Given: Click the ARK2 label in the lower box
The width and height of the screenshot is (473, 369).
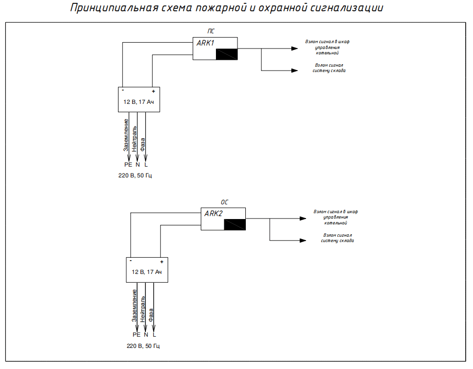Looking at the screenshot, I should [x=213, y=214].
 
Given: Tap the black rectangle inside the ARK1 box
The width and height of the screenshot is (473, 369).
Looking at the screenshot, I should [x=227, y=54].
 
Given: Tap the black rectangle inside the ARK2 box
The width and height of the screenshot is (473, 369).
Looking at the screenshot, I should [x=235, y=224].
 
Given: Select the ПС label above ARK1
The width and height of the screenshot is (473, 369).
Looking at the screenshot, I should [x=212, y=31].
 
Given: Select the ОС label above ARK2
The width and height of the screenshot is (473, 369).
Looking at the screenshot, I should [x=224, y=202].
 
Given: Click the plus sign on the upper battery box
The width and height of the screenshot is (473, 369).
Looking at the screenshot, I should [x=153, y=92].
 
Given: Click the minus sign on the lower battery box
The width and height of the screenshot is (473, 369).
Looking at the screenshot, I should [x=131, y=261].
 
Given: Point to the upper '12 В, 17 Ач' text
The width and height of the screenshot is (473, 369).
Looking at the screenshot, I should [x=139, y=102].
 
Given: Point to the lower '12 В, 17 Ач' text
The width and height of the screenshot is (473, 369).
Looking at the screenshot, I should [x=147, y=272].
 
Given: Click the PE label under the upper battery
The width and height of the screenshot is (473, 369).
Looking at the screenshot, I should [x=129, y=165].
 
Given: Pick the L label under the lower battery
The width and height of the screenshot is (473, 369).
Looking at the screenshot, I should [x=154, y=335].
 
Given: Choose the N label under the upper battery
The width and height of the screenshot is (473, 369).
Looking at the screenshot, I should [x=138, y=165].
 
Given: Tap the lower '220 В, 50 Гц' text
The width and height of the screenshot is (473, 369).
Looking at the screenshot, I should [x=143, y=346].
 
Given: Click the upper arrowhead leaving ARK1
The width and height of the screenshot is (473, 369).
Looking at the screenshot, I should [x=294, y=49].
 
